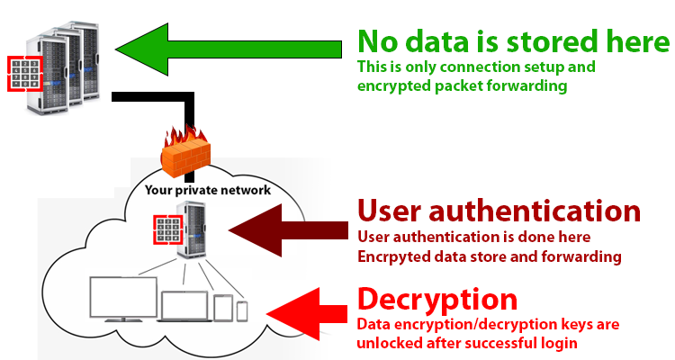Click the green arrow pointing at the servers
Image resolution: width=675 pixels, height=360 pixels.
tap(229, 49)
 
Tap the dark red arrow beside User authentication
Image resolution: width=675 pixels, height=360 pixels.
tap(288, 230)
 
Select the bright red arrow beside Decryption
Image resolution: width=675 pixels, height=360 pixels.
tap(308, 313)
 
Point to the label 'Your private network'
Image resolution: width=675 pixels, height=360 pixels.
tap(208, 190)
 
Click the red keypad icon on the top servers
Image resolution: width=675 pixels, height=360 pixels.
tap(25, 74)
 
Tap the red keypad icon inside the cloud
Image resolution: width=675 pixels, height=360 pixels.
tap(168, 229)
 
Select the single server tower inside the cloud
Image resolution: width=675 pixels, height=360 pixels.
tap(191, 229)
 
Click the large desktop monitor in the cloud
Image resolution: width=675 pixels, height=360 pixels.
tap(123, 300)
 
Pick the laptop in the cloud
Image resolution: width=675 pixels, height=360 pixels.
tap(184, 307)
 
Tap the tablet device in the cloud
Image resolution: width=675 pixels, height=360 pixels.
tap(223, 308)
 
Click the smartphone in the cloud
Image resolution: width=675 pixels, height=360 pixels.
tap(242, 310)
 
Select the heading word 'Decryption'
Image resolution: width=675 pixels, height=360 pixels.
tap(437, 299)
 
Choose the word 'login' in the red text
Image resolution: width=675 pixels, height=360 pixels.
tap(559, 343)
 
